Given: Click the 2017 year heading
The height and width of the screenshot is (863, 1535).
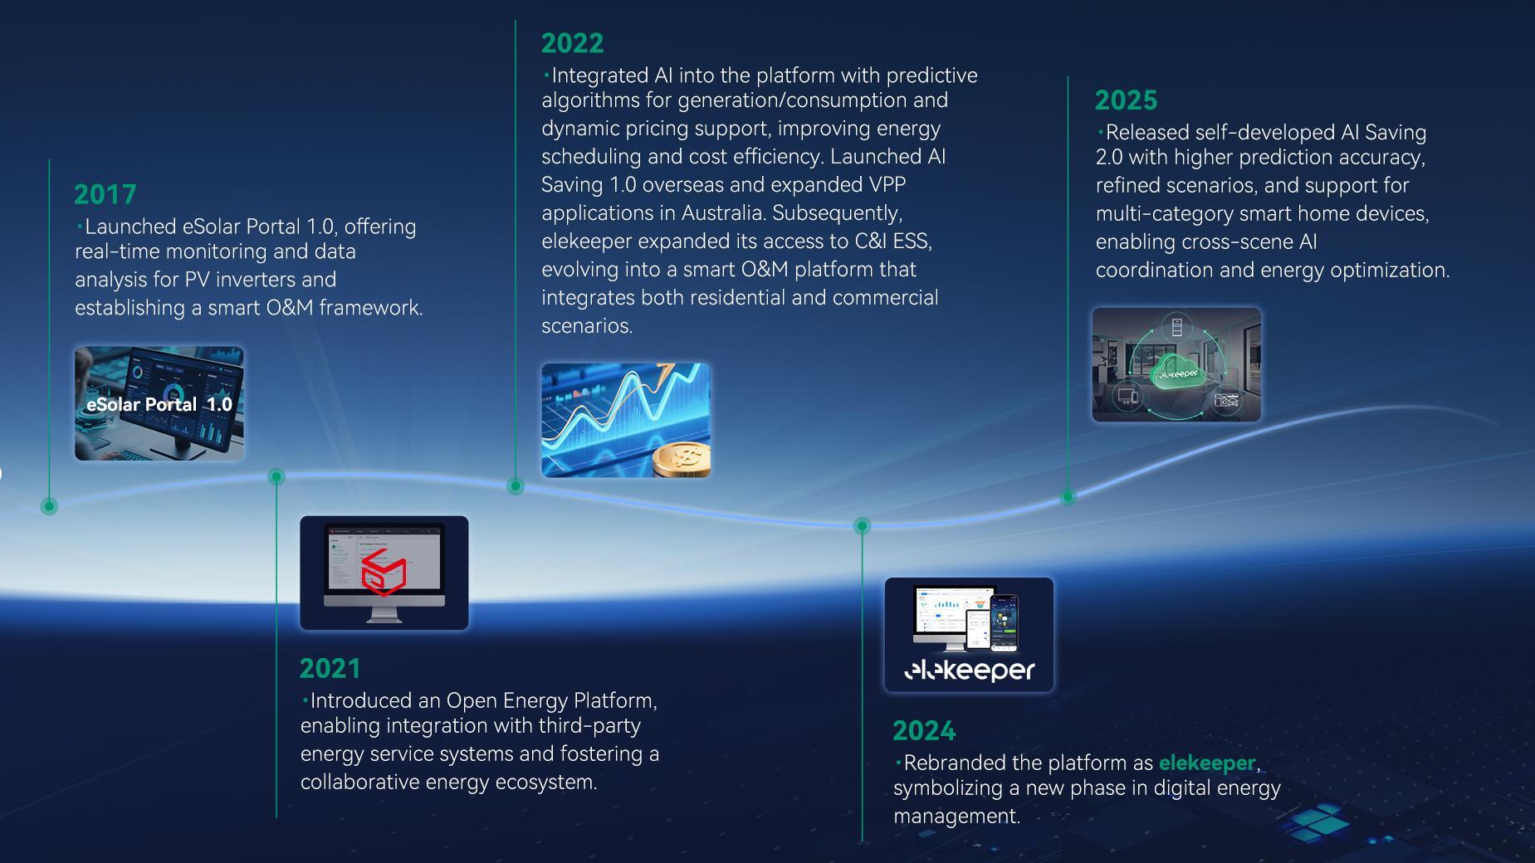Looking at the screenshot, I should [x=105, y=194].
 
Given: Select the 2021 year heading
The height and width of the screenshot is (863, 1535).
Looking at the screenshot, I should [x=330, y=669].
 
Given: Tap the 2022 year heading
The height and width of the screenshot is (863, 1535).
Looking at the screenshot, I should [x=572, y=43].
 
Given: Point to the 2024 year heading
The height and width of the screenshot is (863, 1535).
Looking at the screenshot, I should [x=924, y=731].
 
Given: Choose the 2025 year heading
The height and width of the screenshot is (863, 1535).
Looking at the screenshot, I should [x=1126, y=100].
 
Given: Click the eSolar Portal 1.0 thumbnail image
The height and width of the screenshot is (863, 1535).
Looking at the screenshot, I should [x=159, y=403].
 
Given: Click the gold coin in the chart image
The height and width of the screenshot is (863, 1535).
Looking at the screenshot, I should [x=682, y=459].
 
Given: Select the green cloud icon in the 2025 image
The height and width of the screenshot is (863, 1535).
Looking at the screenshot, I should [x=1176, y=370].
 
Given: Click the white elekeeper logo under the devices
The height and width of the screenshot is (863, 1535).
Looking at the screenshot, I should [x=969, y=670].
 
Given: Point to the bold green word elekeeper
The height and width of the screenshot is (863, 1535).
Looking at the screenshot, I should [x=1207, y=763].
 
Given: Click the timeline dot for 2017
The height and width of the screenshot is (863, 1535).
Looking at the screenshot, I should [x=49, y=506].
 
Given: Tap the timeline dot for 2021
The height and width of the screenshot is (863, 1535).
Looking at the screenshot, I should [x=276, y=476].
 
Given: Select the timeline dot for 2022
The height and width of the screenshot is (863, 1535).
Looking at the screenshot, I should [x=516, y=486].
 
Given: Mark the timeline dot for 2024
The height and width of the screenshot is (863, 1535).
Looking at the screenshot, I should [x=863, y=526].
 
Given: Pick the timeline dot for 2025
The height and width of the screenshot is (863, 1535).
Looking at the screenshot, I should [x=1068, y=497].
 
